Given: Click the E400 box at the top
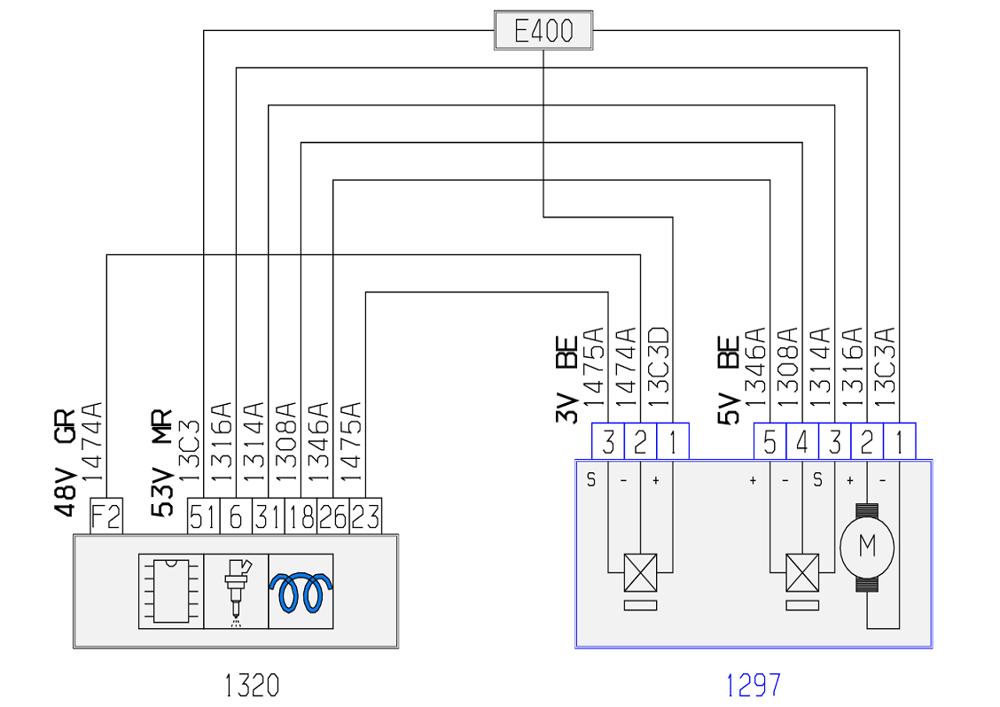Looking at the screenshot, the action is coord(543,30).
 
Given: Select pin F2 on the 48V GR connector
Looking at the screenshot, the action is coord(106,516).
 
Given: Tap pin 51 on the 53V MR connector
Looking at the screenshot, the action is coord(203,516).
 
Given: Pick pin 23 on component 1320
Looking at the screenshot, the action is coord(365,516).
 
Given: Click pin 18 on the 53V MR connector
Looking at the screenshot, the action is coord(301,516).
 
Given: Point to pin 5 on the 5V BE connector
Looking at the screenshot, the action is coord(770,441).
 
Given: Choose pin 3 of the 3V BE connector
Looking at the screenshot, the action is coord(608,441).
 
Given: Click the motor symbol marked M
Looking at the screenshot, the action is coord(867,547).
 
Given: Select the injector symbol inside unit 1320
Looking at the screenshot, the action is coord(237,591).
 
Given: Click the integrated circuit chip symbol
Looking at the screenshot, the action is coord(171,591).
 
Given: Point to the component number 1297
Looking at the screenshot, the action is coord(754,686).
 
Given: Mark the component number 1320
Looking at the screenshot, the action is coord(252,686).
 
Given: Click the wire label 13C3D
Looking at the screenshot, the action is coord(659,367).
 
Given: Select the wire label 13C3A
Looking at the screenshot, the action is coord(886,367).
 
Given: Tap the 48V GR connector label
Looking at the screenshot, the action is coord(65,462).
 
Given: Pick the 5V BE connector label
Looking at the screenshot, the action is coord(729,380).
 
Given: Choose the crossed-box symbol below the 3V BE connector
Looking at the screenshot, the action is coord(640,572).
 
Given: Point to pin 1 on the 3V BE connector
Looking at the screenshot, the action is coord(673,441).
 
